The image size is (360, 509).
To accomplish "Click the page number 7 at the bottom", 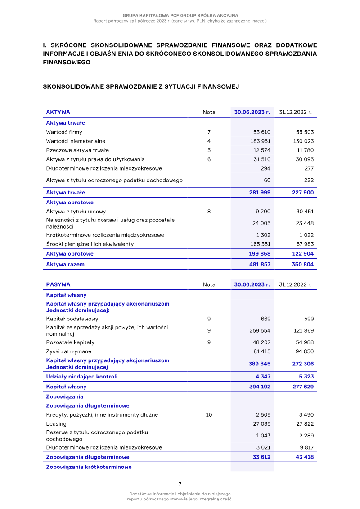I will tap(180, 484).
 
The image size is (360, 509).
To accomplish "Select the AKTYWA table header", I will tap(58, 112).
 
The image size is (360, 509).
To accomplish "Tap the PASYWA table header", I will tap(58, 284).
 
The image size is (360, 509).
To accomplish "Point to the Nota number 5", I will tap(209, 150).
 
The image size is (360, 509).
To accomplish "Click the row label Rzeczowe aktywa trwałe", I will tap(77, 150).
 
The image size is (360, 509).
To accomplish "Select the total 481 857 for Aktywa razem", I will tap(260, 265).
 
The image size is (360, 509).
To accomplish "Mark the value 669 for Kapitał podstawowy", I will tap(265, 319).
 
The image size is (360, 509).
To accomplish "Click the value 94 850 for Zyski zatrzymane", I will tap(304, 351).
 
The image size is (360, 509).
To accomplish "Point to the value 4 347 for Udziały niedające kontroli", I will tap(263, 376).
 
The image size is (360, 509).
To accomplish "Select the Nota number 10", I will tap(209, 415).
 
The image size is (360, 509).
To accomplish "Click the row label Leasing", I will tap(56, 424).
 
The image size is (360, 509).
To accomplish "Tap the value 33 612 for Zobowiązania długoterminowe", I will tap(261, 457).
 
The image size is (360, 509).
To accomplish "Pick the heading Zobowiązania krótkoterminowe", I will tap(89, 467).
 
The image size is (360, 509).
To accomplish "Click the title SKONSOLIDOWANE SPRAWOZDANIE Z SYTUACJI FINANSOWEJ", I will tap(140, 86).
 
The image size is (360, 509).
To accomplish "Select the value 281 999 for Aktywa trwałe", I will tap(260, 193).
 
